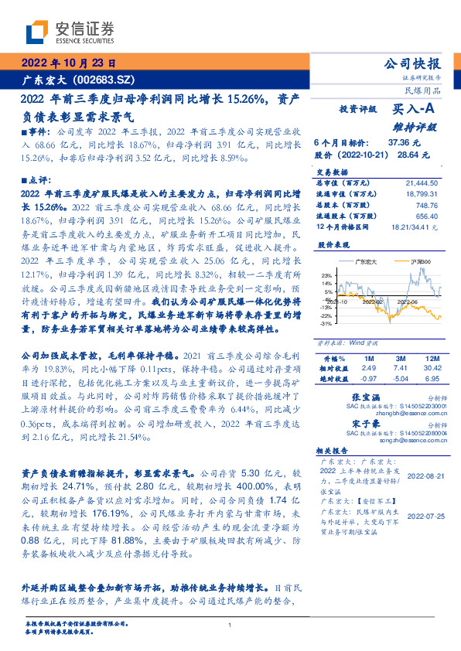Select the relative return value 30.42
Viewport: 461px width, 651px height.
click(x=431, y=369)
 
